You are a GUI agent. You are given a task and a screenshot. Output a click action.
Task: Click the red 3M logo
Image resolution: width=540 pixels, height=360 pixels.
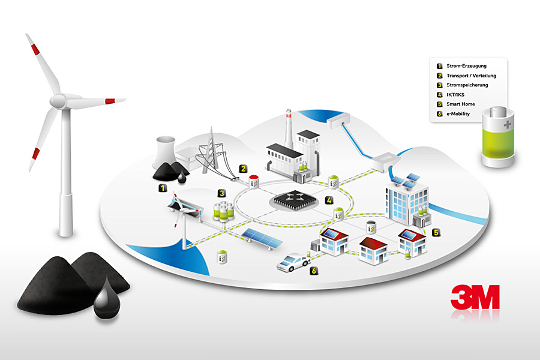click(x=475, y=296)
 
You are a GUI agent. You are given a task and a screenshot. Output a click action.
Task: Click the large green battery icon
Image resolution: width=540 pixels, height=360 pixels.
click(x=498, y=137)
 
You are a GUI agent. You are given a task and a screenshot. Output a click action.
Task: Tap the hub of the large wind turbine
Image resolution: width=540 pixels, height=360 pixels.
click(x=59, y=101)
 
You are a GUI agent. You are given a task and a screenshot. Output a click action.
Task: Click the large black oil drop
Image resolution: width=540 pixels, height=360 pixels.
click(x=107, y=298)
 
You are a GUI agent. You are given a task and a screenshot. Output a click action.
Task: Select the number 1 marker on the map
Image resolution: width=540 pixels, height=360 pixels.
click(x=163, y=188)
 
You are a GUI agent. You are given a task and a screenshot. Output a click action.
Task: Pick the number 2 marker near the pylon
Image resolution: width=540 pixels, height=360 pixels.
click(x=243, y=169)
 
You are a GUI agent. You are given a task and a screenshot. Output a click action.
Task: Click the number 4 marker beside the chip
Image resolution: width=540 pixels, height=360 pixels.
click(x=329, y=200)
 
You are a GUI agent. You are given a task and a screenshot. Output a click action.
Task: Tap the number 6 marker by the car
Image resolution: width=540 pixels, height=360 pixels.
click(x=313, y=271)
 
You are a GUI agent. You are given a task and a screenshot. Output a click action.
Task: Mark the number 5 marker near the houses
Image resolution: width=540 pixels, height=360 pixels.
click(x=436, y=233)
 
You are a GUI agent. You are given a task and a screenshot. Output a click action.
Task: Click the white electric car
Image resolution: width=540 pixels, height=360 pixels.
click(x=293, y=263)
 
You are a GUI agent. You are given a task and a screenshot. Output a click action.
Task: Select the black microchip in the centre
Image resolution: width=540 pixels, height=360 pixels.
click(x=295, y=199)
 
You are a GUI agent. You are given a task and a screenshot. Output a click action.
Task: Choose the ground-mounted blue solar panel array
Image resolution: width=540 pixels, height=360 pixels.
click(x=262, y=238)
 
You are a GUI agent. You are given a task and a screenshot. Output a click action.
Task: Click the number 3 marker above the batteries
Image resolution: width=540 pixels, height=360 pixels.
click(x=221, y=193)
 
